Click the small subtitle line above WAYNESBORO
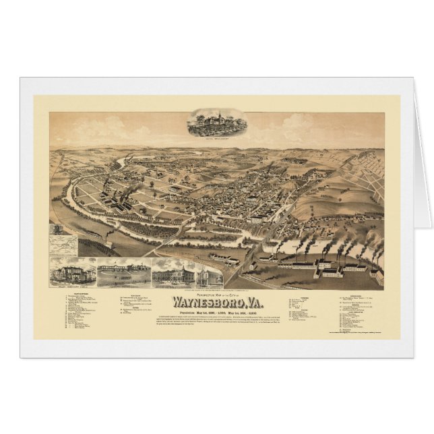(217, 276)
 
